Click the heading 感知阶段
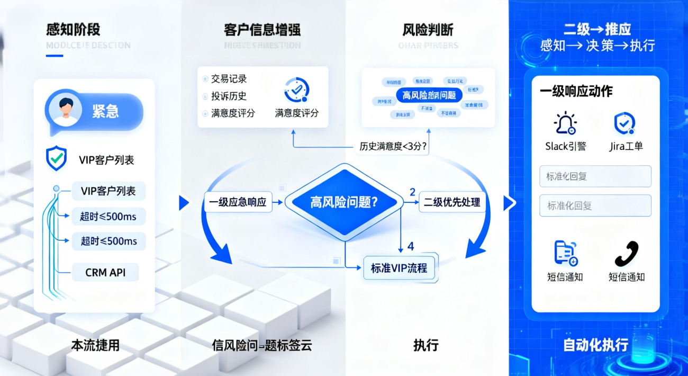(73, 30)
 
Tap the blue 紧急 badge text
(105, 111)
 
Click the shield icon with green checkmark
(57, 158)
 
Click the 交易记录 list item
(229, 79)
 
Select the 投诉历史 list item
(229, 96)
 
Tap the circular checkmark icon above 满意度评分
(296, 90)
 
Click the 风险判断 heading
(428, 30)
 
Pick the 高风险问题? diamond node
(344, 201)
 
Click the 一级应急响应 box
(238, 202)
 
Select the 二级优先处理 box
(452, 202)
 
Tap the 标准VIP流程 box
(399, 267)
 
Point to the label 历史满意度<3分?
(393, 146)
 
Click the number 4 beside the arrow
(411, 246)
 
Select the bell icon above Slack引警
(565, 123)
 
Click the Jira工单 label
(626, 146)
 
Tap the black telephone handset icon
(626, 254)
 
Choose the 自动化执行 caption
(595, 345)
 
